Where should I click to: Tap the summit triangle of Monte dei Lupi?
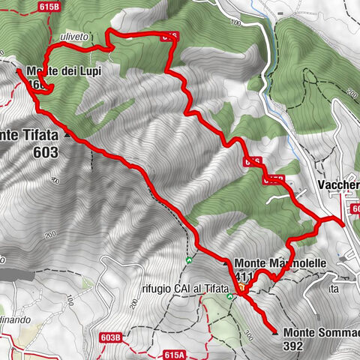(19, 70)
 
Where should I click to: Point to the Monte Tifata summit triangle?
(68, 136)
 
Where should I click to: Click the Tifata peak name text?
(30, 136)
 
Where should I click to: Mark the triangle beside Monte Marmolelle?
(226, 264)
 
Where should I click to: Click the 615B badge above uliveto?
(46, 6)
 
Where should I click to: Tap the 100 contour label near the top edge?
(238, 22)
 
